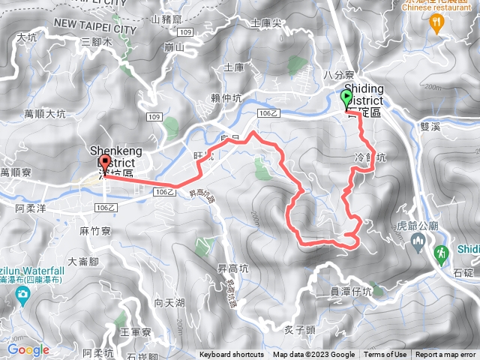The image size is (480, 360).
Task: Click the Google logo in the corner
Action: click(28, 349)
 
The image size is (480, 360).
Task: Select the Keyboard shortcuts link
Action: click(232, 355)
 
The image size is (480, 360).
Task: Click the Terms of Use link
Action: click(385, 355)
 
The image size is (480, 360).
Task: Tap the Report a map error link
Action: click(445, 355)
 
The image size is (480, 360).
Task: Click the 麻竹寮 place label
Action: click(94, 232)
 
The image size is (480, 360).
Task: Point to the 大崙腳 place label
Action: click(83, 262)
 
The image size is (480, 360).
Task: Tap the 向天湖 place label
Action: click(169, 303)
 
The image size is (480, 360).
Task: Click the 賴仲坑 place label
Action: click(226, 97)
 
